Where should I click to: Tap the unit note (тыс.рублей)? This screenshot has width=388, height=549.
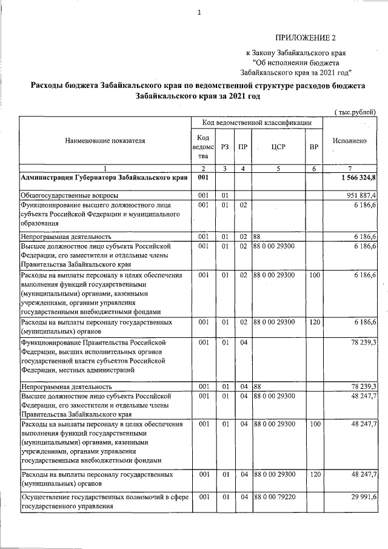(355, 112)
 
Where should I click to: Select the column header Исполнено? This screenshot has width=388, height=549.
(350, 140)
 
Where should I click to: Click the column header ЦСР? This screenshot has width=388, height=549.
(278, 147)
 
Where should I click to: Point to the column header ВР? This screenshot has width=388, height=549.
(313, 147)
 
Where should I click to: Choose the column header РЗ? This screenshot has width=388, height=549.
(225, 147)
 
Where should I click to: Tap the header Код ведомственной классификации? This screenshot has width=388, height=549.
(256, 123)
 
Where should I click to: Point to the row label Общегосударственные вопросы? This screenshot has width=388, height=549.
(70, 195)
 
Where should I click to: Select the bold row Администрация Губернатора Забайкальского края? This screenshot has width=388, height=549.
(103, 178)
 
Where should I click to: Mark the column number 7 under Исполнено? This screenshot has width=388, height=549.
(350, 168)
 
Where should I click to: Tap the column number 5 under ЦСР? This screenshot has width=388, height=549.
(278, 168)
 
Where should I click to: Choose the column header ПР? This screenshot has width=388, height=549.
(242, 147)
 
